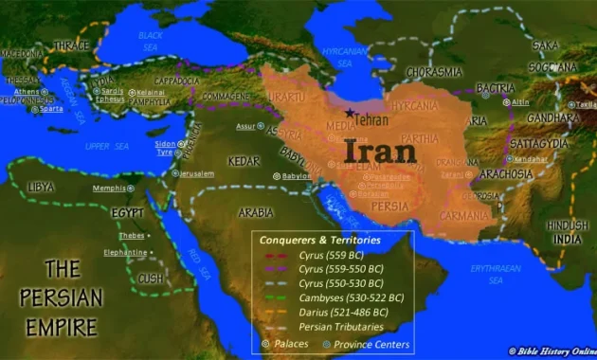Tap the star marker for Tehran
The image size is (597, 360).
pos(351,115)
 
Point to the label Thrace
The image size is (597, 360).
pos(70,45)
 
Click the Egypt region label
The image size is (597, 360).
pos(127,213)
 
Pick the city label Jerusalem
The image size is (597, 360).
pos(196,174)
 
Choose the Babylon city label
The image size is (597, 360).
pos(296,175)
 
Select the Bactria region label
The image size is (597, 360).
pos(496,88)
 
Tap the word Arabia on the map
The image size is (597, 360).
pos(255,212)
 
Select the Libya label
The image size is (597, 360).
pos(41,187)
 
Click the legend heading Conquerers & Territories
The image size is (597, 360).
pos(320,241)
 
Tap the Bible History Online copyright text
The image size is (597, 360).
pos(552,351)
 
